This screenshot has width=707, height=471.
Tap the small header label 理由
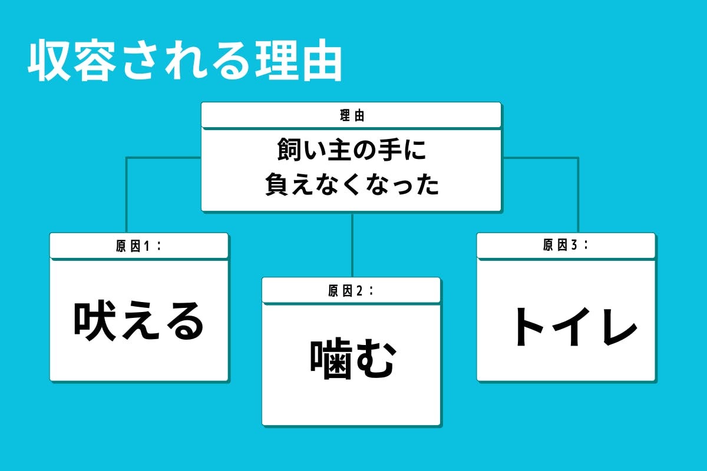point(352,115)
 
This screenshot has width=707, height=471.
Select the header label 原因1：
point(138,246)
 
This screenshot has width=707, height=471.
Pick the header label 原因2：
point(351,291)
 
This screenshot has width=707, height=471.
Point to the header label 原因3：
point(566,246)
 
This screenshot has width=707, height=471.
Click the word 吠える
point(138,321)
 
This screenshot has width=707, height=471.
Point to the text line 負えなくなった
point(352,185)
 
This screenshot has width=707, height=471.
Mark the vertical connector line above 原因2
point(352,244)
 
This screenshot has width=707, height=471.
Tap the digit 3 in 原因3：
point(574,246)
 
